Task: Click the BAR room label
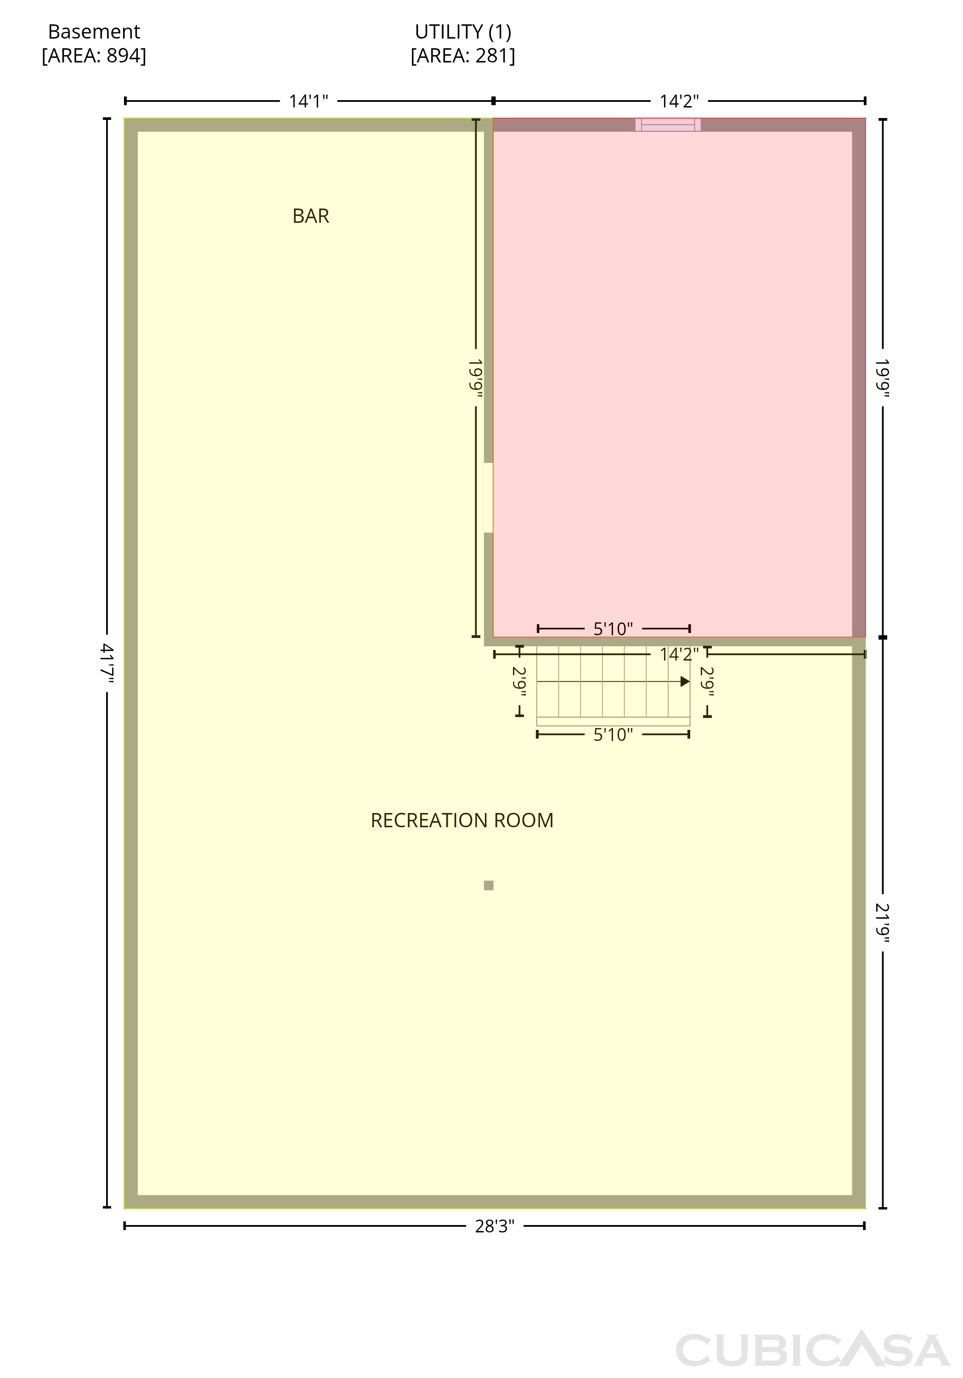point(311,216)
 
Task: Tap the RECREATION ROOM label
point(462,820)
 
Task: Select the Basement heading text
point(94,31)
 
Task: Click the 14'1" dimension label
point(309,102)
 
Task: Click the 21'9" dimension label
point(882,923)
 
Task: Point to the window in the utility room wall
point(668,125)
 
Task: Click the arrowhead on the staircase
point(685,682)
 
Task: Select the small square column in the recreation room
point(489,885)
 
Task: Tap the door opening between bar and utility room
point(489,497)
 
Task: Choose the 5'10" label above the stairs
point(613,629)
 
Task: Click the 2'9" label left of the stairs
point(519,682)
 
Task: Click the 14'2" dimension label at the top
point(679,102)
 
